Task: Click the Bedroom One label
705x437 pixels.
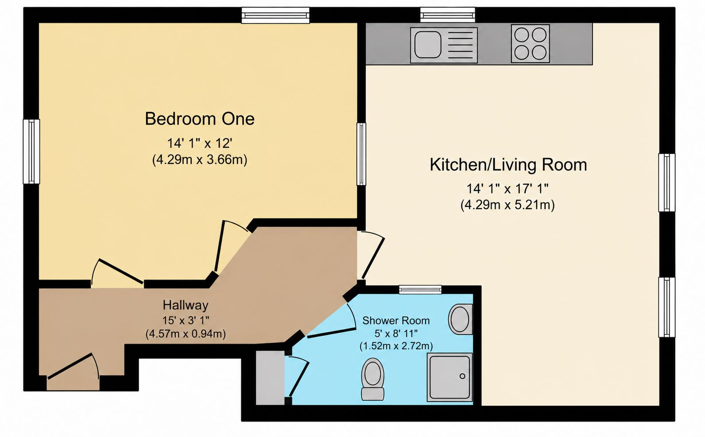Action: coord(200,119)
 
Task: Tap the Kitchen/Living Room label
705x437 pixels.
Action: coord(508,165)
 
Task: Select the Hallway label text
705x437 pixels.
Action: coord(186,305)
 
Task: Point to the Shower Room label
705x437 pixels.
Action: coord(396,321)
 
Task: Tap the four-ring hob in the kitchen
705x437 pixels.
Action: coord(531,43)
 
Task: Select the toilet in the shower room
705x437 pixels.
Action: coord(372,379)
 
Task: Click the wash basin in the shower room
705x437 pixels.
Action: coord(461,319)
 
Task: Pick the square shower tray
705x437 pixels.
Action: coord(450,377)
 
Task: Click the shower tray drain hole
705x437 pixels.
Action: coord(462,376)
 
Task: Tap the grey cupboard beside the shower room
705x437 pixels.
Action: coord(270,378)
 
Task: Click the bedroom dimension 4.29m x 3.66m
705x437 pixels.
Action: coord(200,160)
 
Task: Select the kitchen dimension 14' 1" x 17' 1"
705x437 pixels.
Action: coord(507,188)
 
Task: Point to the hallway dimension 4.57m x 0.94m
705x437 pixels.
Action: coord(186,333)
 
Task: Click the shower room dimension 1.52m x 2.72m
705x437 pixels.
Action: coord(396,346)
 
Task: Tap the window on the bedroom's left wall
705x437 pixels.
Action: coord(31,152)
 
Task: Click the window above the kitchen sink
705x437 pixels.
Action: coord(448,15)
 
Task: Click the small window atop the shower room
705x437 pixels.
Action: coord(420,290)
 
